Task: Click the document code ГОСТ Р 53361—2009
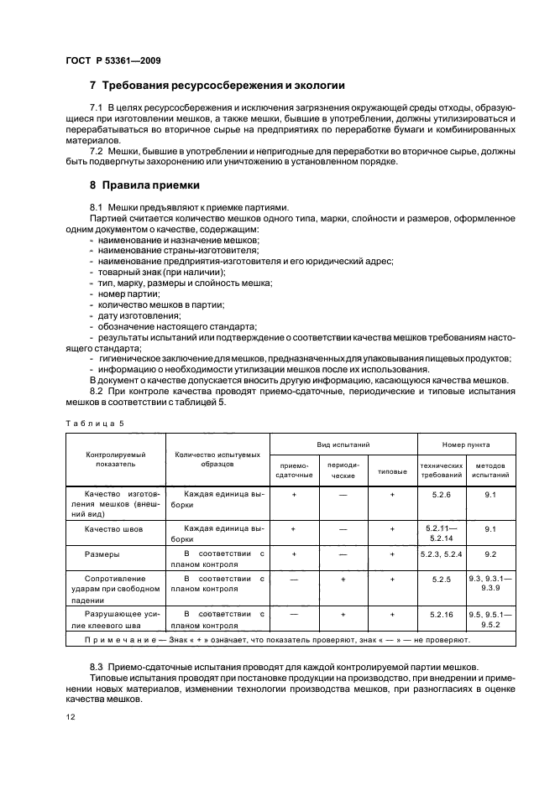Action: tap(113, 60)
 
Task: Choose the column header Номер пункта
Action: tap(467, 444)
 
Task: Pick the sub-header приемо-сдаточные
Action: tap(293, 470)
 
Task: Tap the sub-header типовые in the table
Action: tap(392, 470)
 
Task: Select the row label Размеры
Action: tap(101, 554)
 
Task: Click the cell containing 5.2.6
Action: tap(442, 495)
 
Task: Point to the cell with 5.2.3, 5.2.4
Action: tap(442, 554)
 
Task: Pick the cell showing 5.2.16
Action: tap(442, 614)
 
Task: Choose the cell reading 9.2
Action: tap(491, 554)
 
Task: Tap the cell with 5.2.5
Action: tap(442, 579)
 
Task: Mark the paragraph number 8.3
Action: tap(99, 667)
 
